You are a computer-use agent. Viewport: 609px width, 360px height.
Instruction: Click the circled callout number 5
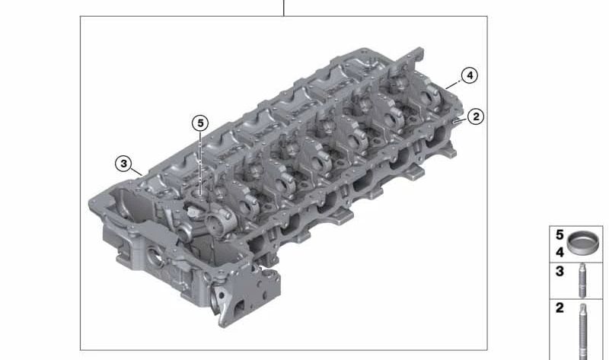(199, 123)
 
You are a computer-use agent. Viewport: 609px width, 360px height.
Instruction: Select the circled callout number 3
(123, 163)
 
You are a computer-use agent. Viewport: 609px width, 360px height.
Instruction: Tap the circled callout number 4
(470, 75)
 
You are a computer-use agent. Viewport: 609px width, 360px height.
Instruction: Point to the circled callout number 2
(475, 116)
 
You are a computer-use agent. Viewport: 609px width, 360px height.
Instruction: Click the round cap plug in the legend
(582, 244)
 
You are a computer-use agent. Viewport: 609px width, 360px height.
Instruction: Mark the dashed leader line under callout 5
(199, 164)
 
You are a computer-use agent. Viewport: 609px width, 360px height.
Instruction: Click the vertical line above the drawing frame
(284, 8)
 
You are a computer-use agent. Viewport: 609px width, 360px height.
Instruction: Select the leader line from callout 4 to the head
(456, 85)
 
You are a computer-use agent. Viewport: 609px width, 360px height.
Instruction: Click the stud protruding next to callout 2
(456, 120)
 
